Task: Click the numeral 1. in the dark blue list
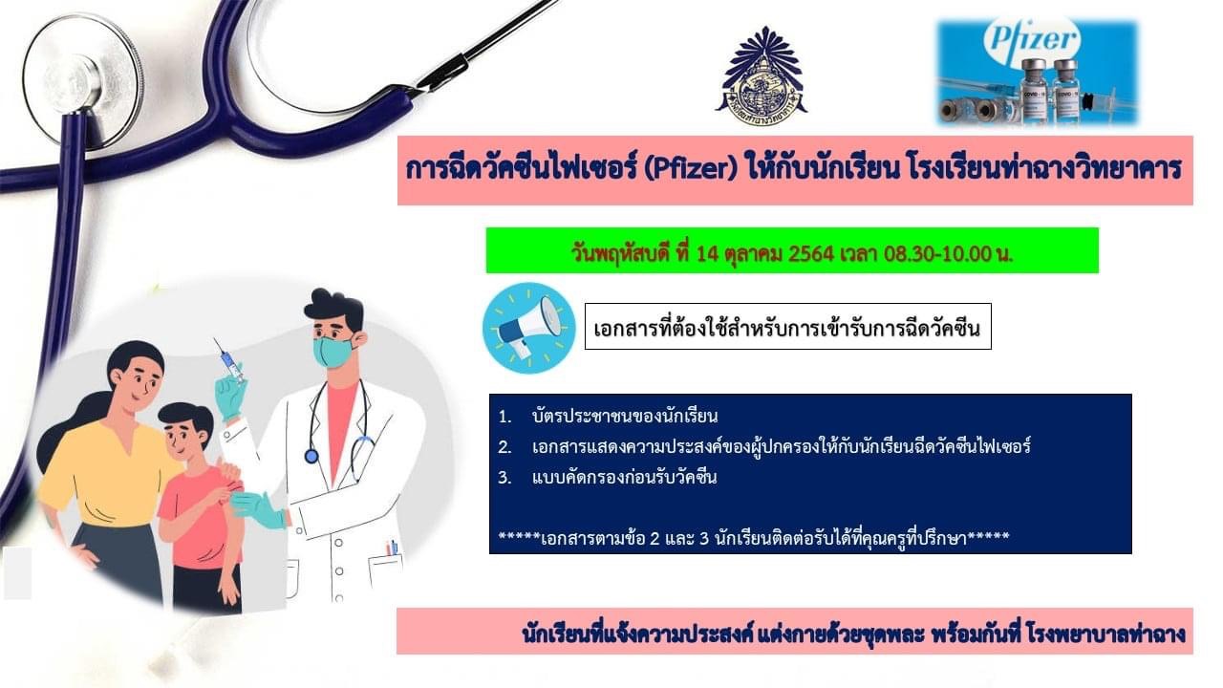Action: [504, 418]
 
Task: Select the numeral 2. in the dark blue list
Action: [504, 448]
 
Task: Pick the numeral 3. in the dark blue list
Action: [504, 479]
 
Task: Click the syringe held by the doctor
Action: [229, 360]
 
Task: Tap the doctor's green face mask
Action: [334, 352]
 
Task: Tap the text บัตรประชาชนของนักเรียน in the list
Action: [625, 418]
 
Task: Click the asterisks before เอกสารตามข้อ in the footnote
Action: [519, 536]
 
